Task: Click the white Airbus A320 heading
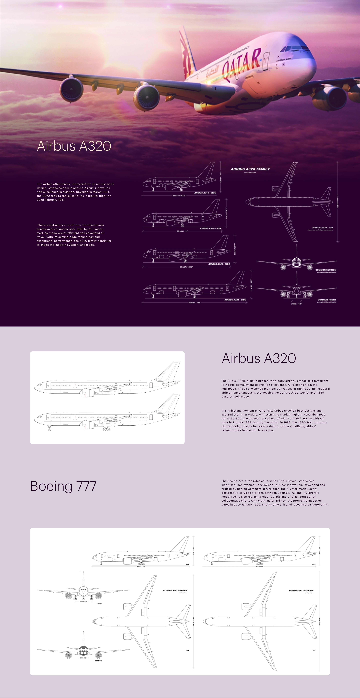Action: (x=74, y=146)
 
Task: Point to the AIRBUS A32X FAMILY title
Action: (x=250, y=169)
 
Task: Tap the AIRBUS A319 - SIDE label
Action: (x=211, y=228)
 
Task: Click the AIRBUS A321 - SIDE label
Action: (x=235, y=300)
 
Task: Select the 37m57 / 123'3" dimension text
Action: (x=186, y=267)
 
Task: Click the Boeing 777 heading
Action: (x=63, y=486)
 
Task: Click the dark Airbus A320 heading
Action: (x=259, y=358)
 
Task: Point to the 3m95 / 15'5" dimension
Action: (x=297, y=304)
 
